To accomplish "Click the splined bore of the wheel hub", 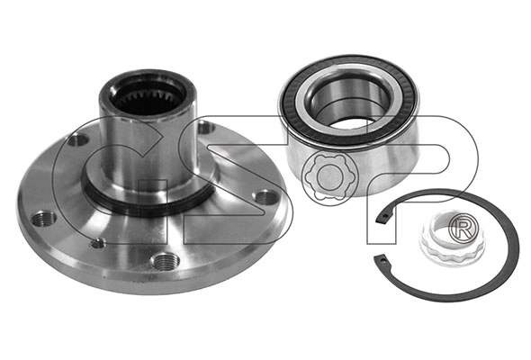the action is (148, 97).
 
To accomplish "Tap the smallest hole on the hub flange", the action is (98, 243).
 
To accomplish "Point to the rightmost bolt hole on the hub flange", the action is (266, 197).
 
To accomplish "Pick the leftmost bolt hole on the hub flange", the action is (44, 219).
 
